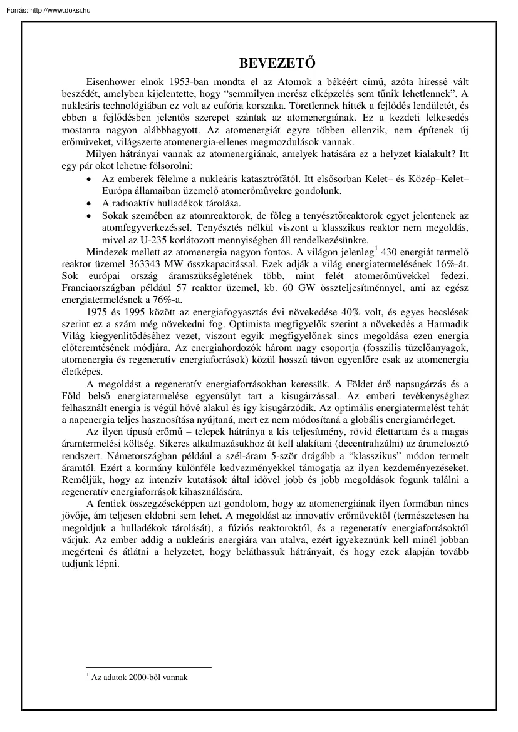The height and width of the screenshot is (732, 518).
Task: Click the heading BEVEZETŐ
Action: tap(276, 64)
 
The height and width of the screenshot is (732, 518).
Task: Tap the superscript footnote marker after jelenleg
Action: tap(375, 248)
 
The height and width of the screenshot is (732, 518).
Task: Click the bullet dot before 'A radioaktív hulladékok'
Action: tap(91, 204)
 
